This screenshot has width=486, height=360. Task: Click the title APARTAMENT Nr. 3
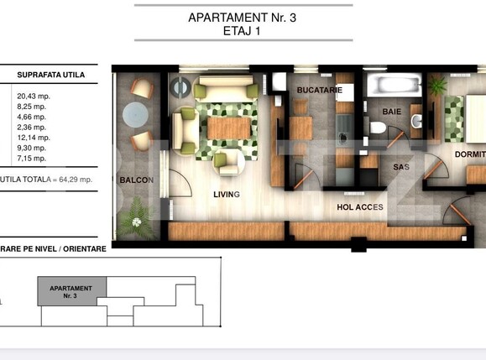[243, 18]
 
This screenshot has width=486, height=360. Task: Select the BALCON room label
[134, 180]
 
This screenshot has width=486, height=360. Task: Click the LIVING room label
[227, 195]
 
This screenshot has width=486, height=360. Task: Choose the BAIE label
[391, 111]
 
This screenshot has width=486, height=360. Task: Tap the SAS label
[400, 167]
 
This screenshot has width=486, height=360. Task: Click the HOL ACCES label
[360, 206]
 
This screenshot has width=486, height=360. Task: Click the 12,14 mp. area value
[33, 137]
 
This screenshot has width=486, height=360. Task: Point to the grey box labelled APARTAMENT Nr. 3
[71, 292]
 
